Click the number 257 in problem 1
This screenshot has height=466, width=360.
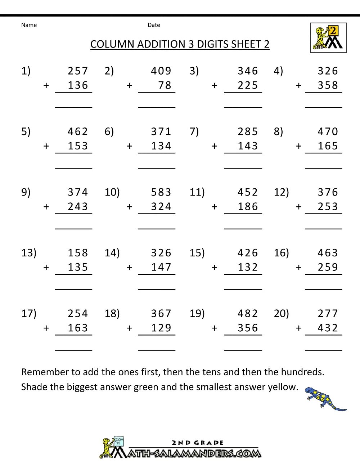pos(78,71)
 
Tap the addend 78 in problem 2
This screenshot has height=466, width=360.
pos(165,85)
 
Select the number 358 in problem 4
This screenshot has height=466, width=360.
pos(328,85)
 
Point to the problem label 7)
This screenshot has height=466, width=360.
pos(194,131)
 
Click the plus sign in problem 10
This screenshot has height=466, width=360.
pos(130,207)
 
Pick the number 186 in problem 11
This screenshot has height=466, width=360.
pos(248,207)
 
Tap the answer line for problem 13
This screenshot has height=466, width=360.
pos(73,289)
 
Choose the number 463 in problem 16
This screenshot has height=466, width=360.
pos(328,253)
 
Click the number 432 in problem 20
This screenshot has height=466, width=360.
pos(328,328)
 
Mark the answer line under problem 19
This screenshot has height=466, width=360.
pos(243,350)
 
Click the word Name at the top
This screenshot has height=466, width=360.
pos(29,25)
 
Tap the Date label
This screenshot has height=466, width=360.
pos(154,25)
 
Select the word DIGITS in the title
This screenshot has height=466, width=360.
pos(212,44)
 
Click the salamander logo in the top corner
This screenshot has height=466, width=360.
pos(328,38)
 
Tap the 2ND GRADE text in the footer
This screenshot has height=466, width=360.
pos(197,443)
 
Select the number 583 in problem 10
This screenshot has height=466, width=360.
pos(161,192)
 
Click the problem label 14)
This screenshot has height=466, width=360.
pos(112,253)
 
